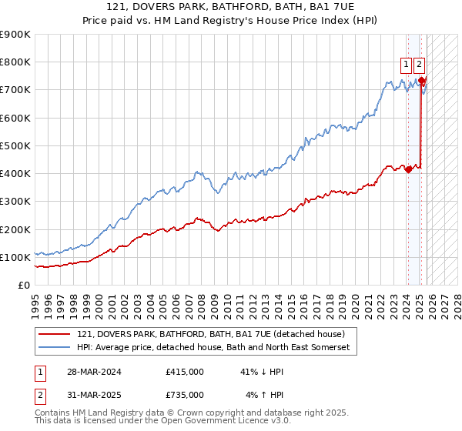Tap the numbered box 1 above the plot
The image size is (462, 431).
tap(406, 65)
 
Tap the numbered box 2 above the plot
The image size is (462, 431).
tap(419, 65)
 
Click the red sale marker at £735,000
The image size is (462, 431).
tap(421, 80)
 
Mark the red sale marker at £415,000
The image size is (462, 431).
tap(408, 169)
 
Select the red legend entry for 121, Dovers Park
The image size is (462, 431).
tap(216, 334)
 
